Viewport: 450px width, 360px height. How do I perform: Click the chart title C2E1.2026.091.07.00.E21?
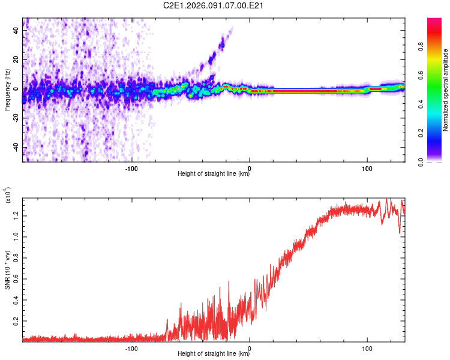click(x=214, y=6)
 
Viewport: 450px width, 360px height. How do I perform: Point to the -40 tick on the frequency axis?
click(x=16, y=147)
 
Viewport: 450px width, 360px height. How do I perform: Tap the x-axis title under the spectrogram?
click(x=214, y=175)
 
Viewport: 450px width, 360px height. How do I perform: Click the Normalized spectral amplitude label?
click(x=445, y=90)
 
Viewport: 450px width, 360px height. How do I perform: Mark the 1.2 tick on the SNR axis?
click(x=16, y=215)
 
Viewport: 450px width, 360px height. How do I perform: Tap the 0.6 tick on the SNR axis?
click(x=16, y=279)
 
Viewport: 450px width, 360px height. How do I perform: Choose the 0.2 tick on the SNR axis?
click(x=16, y=322)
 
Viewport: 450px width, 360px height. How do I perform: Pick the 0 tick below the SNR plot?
click(x=250, y=347)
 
